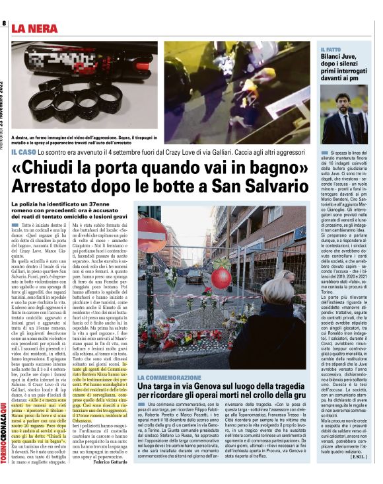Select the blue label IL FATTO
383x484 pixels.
(x=330, y=50)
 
